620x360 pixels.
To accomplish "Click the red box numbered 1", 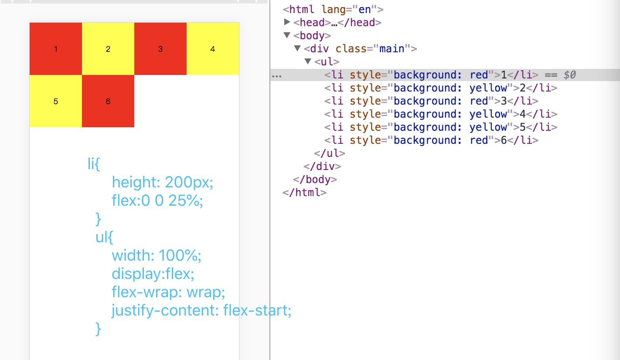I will pyautogui.click(x=56, y=49).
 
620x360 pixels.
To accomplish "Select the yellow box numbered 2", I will pyautogui.click(x=108, y=49).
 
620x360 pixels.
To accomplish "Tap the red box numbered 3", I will pyautogui.click(x=160, y=49).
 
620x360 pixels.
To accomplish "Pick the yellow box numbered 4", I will pyautogui.click(x=213, y=49).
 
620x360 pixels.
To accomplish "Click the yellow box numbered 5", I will pyautogui.click(x=56, y=101).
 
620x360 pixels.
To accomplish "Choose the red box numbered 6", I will pyautogui.click(x=108, y=101).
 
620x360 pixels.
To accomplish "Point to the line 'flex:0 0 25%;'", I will pyautogui.click(x=157, y=200).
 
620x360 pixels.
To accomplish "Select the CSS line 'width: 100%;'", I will pyautogui.click(x=157, y=255).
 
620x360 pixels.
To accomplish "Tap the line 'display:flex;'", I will pyautogui.click(x=153, y=274).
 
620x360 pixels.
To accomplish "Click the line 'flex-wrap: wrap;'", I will pyautogui.click(x=168, y=292).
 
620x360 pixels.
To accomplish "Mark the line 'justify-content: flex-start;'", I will pyautogui.click(x=201, y=311).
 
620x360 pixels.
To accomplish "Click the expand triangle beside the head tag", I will pyautogui.click(x=287, y=22).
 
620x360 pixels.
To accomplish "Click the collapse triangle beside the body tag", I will pyautogui.click(x=287, y=35).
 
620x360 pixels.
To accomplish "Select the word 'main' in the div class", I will pyautogui.click(x=392, y=48).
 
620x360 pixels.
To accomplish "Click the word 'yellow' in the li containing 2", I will pyautogui.click(x=488, y=88).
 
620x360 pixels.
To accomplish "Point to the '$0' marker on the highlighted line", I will pyautogui.click(x=569, y=75).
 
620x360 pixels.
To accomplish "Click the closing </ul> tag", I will pyautogui.click(x=330, y=153).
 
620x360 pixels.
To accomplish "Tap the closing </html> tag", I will pyautogui.click(x=304, y=192).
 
